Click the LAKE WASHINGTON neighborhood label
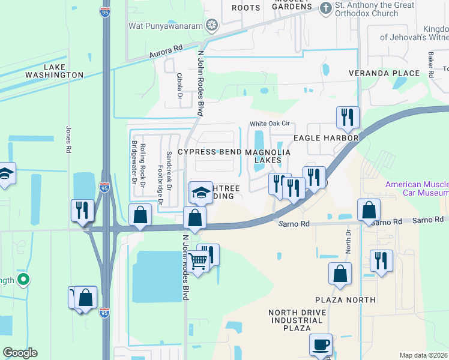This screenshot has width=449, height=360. click(54, 70)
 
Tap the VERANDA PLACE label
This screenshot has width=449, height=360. click(385, 73)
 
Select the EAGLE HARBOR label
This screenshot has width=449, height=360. click(326, 138)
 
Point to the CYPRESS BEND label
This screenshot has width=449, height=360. click(209, 152)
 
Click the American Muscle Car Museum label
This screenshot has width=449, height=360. click(417, 188)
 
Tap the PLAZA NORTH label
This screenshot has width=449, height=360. click(346, 299)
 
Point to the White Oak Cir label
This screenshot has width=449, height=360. click(270, 124)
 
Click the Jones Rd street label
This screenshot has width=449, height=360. click(68, 139)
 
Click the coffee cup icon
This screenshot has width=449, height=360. click(321, 345)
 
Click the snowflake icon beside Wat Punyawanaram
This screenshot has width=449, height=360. click(211, 25)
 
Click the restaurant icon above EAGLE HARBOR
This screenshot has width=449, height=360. click(347, 117)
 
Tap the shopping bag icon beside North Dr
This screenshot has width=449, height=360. click(340, 274)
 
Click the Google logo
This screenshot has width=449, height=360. click(20, 353)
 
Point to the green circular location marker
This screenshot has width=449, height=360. click(23, 279)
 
